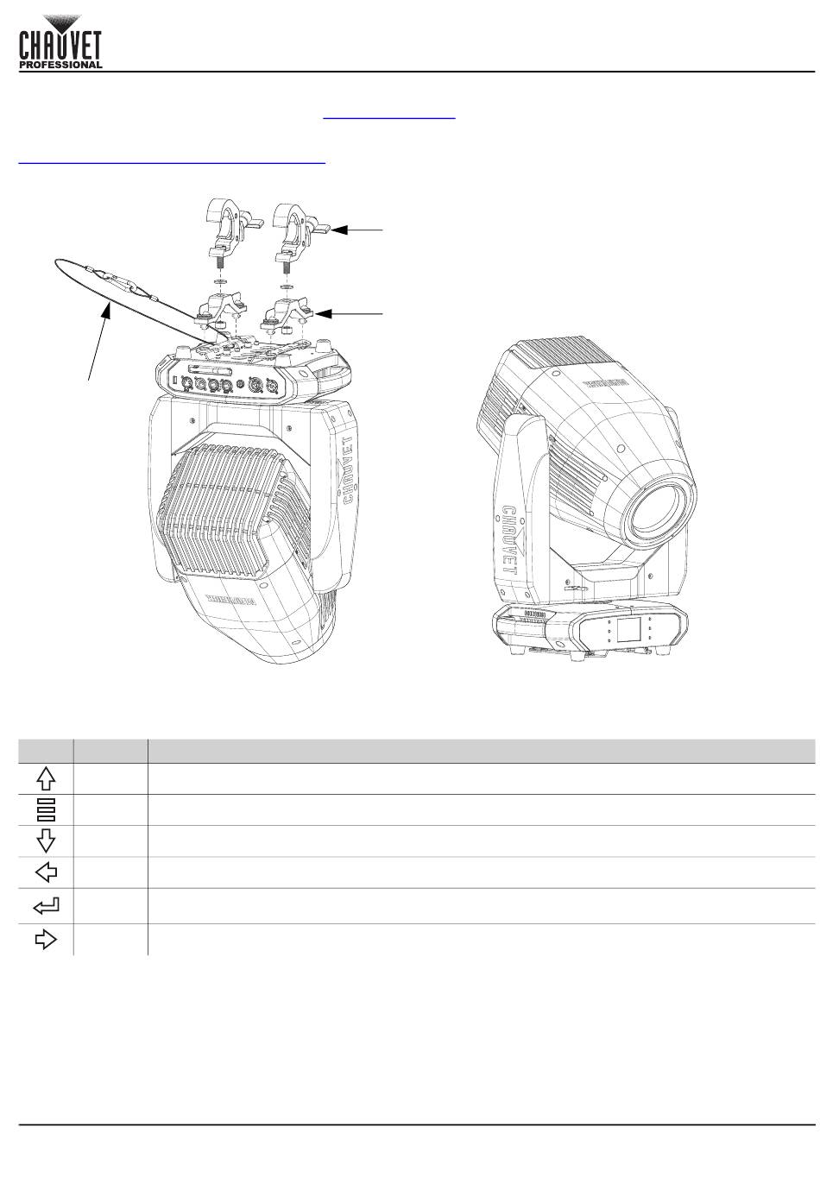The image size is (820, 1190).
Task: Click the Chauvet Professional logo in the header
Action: (x=61, y=40)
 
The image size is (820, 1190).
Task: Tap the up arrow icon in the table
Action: (x=47, y=779)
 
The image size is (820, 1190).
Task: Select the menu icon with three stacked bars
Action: (x=47, y=809)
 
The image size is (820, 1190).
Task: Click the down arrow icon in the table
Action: (x=47, y=841)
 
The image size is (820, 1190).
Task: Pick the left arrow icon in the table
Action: (x=47, y=872)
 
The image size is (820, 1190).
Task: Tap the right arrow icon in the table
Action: (x=46, y=939)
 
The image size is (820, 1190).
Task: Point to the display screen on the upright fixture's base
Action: (x=631, y=631)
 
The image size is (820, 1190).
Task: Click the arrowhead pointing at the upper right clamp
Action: (x=337, y=230)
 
